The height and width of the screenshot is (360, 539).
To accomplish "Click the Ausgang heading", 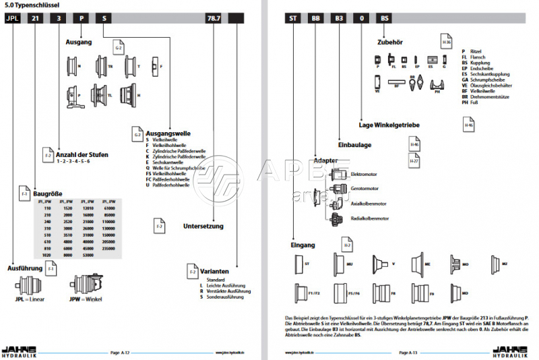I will tap(78, 42).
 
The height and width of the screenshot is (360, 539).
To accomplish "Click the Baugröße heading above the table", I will tap(48, 193).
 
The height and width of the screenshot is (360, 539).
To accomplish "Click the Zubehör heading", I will tap(391, 42).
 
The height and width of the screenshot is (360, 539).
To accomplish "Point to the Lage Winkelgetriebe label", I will tap(389, 125).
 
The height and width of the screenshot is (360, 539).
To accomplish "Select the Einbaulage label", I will tap(354, 144).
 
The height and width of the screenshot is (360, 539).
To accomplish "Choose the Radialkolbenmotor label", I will tap(369, 218).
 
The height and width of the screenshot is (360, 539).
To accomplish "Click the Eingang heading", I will tap(303, 244).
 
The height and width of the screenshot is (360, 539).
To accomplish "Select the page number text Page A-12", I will tap(119, 352).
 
